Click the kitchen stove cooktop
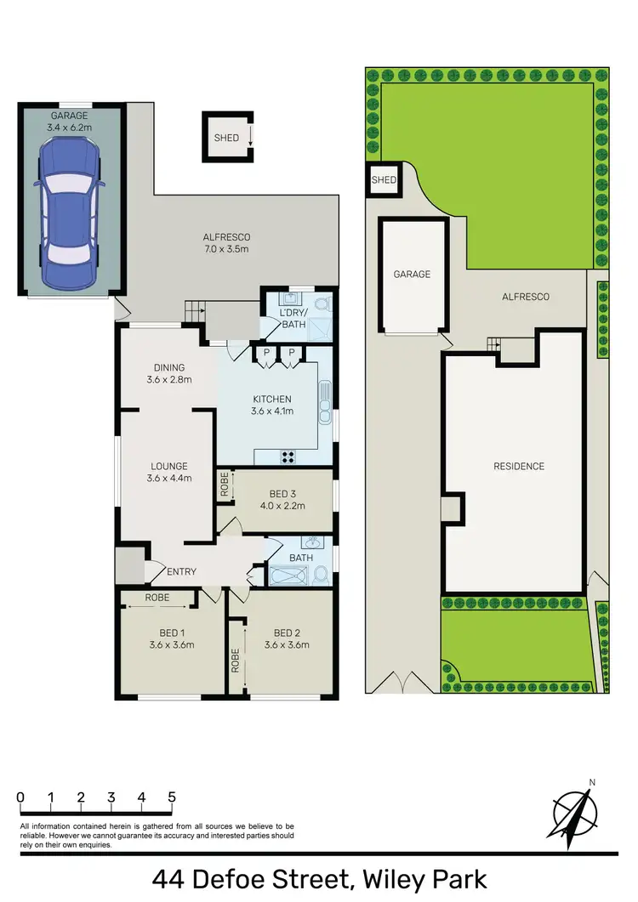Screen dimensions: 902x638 coord(288,456)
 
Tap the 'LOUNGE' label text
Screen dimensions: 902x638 coord(169,466)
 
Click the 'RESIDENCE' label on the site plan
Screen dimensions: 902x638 coord(518,466)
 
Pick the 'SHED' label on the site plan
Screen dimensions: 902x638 coord(384,179)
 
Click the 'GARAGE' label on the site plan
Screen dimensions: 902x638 coord(412,275)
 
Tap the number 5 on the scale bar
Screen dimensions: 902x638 coord(172,797)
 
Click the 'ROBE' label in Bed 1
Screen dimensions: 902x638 coord(157,598)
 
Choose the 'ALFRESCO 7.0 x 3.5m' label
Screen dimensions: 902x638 coord(225,243)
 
